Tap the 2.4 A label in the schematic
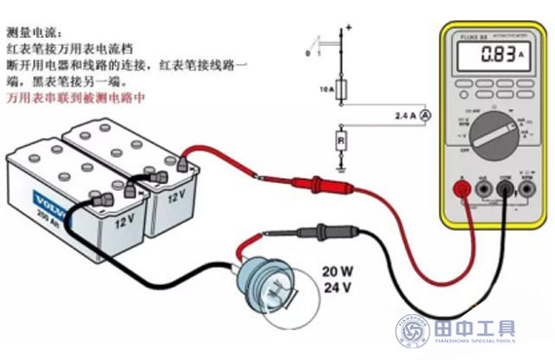(405, 115)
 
